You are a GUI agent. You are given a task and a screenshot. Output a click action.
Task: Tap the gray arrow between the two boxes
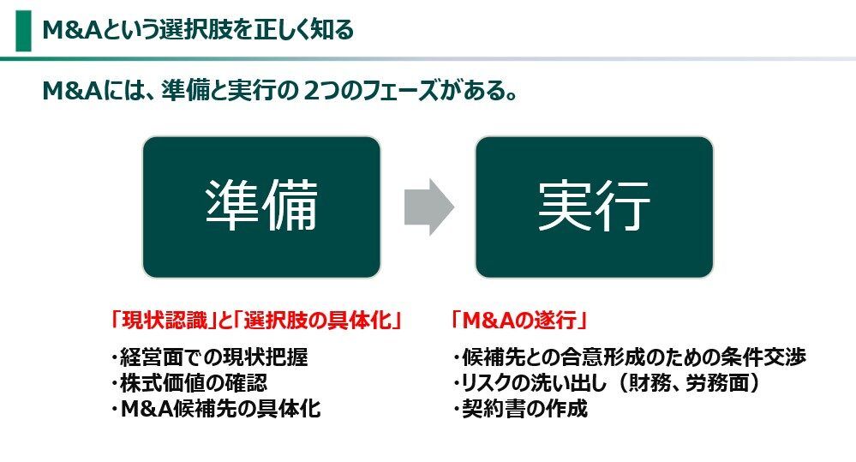pyautogui.click(x=428, y=207)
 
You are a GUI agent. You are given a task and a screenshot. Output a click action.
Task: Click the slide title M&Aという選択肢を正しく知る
pyautogui.click(x=198, y=31)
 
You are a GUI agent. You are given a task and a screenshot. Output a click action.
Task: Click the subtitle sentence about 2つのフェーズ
pyautogui.click(x=279, y=90)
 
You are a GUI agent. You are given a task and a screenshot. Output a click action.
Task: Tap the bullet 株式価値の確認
pyautogui.click(x=196, y=383)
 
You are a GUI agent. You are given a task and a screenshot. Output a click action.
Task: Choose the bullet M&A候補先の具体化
pyautogui.click(x=215, y=409)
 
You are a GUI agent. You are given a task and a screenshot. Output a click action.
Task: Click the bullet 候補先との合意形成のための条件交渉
pyautogui.click(x=630, y=357)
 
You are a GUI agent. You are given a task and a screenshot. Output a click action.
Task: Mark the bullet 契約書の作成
pyautogui.click(x=520, y=409)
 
